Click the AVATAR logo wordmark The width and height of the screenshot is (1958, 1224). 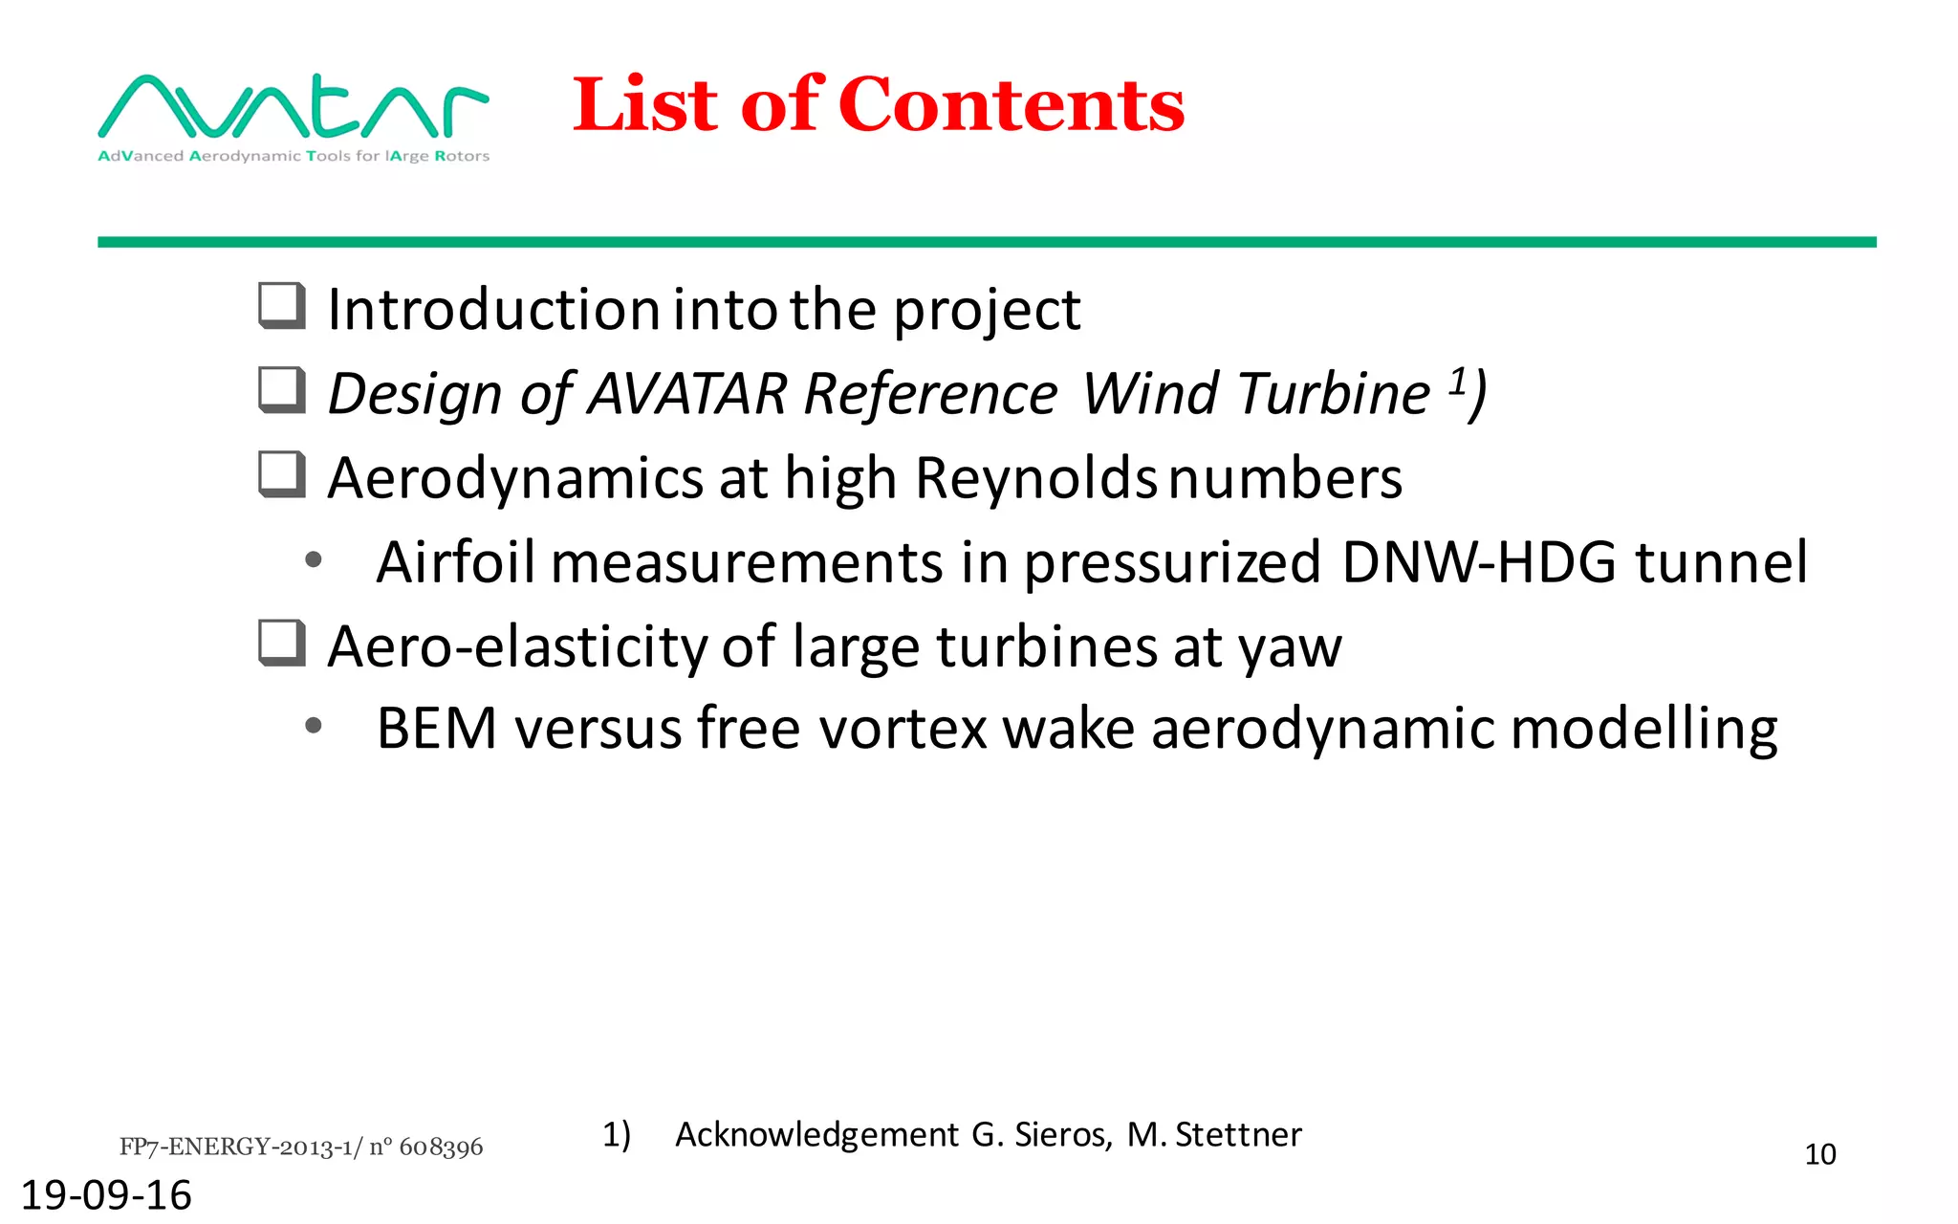coord(293,107)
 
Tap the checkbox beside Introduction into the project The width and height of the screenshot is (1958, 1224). coord(282,306)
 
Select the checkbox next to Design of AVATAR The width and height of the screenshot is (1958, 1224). coord(282,390)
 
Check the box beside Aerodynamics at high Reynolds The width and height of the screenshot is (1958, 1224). coord(282,474)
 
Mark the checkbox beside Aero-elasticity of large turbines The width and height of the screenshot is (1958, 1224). coord(282,643)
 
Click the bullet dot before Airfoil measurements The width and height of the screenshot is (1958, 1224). coord(313,560)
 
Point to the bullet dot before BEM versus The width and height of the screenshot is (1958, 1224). coord(313,727)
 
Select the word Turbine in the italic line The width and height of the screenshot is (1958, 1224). coord(1334,393)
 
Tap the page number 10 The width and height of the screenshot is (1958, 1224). coord(1819,1154)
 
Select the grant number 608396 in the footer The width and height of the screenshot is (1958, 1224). coord(441,1147)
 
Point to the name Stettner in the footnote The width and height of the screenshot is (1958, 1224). coord(1237,1134)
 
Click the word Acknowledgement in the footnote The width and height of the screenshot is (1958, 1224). coord(816,1134)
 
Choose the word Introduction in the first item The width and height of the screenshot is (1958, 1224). coord(493,310)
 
